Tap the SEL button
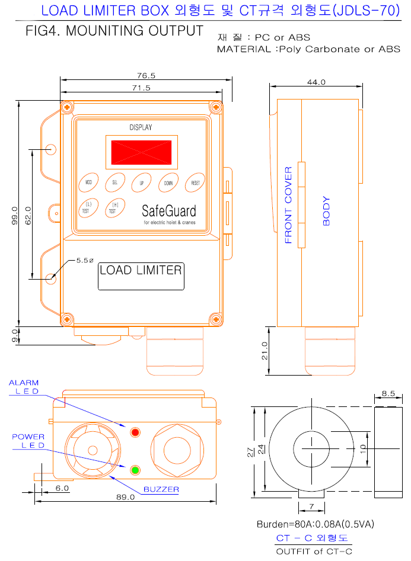point(114,183)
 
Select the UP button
point(141,183)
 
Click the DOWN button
point(168,183)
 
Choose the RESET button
point(195,183)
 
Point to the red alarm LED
point(135,432)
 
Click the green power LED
point(135,470)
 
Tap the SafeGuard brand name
point(168,211)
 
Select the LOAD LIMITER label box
point(141,275)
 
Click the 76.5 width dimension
point(145,76)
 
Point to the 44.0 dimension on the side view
point(316,82)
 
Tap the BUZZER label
point(161,490)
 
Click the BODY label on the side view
point(326,211)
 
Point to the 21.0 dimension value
point(265,351)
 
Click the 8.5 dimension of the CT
point(388,393)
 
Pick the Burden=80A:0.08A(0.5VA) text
point(315,524)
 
